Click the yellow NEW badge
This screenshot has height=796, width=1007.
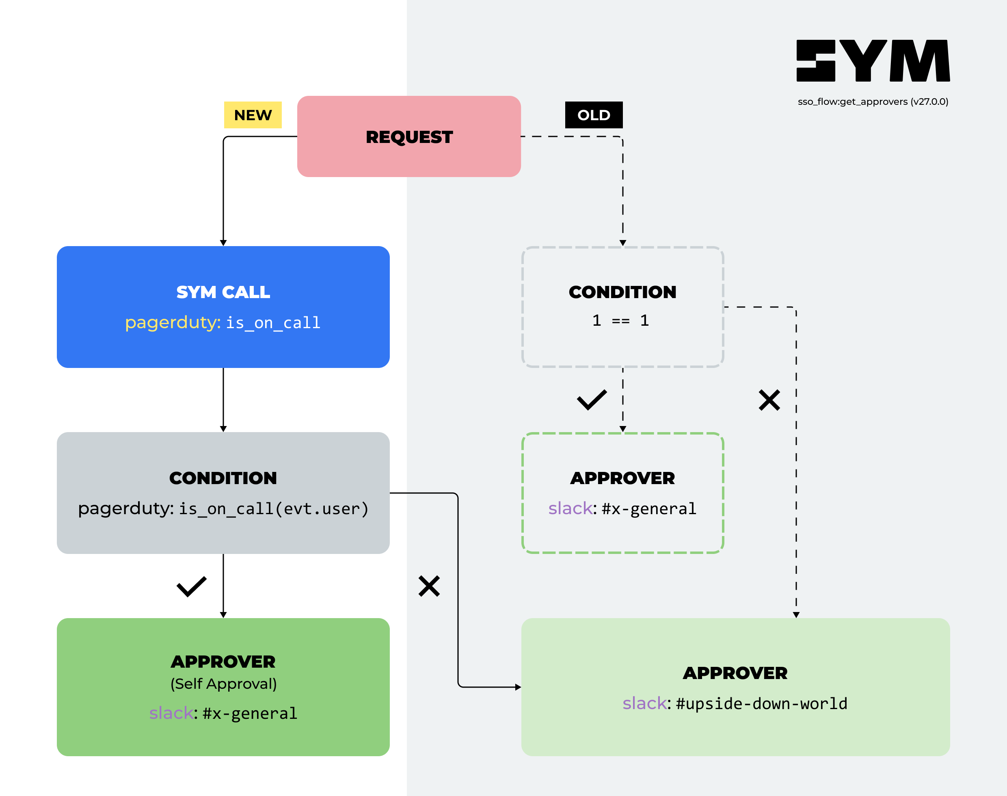click(253, 115)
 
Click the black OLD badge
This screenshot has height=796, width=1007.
click(593, 115)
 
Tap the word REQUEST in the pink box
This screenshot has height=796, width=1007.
click(408, 137)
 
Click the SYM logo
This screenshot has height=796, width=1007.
click(872, 61)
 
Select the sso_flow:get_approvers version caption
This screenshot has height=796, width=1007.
click(872, 102)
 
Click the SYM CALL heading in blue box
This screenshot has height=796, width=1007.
click(223, 292)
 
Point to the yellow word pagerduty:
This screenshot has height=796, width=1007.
click(173, 322)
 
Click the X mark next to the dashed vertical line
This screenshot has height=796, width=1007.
click(769, 400)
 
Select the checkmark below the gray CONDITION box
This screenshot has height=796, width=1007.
click(191, 586)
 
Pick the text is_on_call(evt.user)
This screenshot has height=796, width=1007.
click(274, 509)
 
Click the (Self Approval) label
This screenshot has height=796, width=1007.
click(223, 684)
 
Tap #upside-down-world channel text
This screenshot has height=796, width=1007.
click(761, 704)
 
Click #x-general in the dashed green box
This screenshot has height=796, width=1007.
click(648, 509)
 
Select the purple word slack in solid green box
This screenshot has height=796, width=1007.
click(171, 713)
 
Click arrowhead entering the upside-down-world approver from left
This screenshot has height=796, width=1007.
click(518, 687)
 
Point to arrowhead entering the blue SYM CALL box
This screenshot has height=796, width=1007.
click(223, 243)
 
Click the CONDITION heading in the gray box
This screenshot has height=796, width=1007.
click(223, 478)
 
